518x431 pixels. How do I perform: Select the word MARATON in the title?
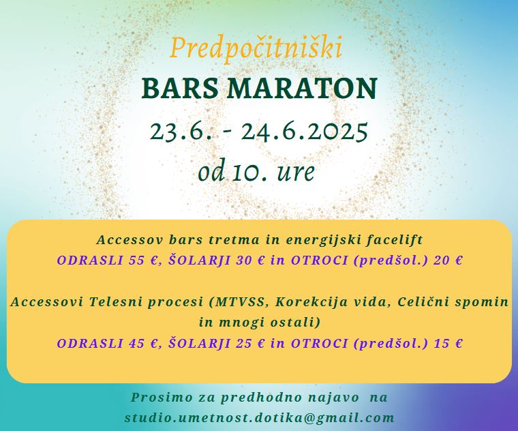point(302,89)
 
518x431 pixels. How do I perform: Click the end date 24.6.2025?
point(304,131)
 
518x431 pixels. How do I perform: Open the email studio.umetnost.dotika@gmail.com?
point(259,418)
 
